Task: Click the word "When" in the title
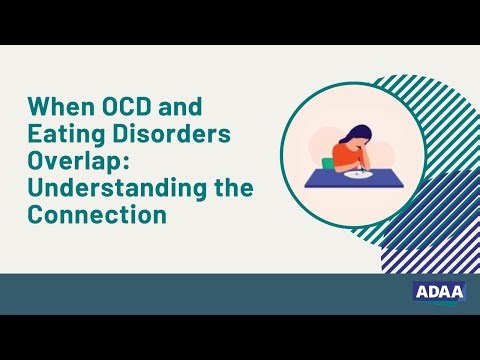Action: pyautogui.click(x=57, y=106)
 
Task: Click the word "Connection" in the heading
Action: pyautogui.click(x=96, y=214)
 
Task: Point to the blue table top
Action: pyautogui.click(x=330, y=178)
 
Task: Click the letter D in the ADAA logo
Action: pyautogui.click(x=430, y=291)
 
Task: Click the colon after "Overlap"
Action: pyautogui.click(x=110, y=162)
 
